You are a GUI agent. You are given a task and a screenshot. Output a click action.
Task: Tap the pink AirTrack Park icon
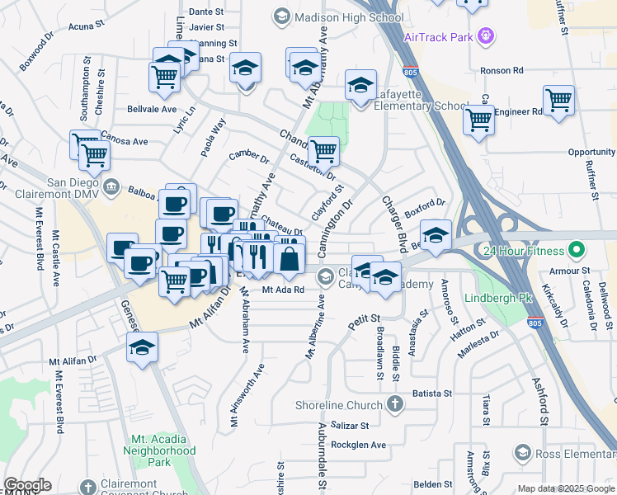click(487, 35)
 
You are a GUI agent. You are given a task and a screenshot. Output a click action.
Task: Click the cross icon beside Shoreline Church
click(395, 404)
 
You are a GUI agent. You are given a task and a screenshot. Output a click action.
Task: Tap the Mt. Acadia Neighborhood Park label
click(160, 445)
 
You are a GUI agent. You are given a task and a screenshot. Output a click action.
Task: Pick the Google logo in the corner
click(27, 485)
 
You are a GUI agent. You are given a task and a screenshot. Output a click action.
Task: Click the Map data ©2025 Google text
click(565, 488)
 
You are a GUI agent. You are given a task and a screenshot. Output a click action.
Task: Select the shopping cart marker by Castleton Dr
click(324, 151)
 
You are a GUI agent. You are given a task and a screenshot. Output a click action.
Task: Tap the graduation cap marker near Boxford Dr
click(436, 233)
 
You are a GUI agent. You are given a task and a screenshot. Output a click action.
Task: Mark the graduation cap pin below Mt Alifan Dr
click(143, 347)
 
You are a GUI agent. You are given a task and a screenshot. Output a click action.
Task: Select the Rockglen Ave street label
click(357, 445)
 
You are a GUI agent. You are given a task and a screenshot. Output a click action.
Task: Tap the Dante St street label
click(206, 12)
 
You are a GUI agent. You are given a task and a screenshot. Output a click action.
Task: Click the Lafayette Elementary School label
click(421, 106)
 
